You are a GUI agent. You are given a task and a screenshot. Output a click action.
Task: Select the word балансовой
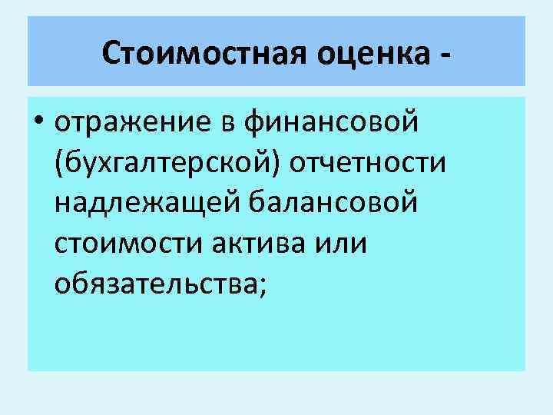pyautogui.click(x=342, y=204)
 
